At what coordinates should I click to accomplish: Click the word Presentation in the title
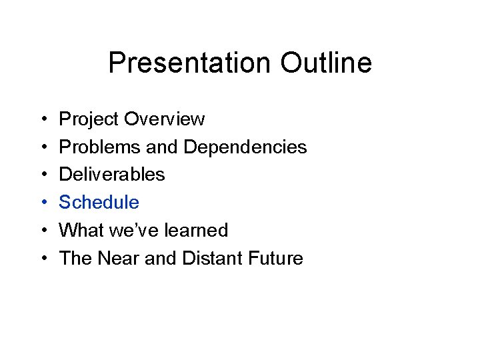190,63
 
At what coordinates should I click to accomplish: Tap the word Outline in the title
326,63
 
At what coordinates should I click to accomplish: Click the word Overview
164,119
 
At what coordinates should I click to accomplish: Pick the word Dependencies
245,147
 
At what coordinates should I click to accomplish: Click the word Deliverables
112,175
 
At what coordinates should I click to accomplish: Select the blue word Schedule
99,203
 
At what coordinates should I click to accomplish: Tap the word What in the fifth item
79,231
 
